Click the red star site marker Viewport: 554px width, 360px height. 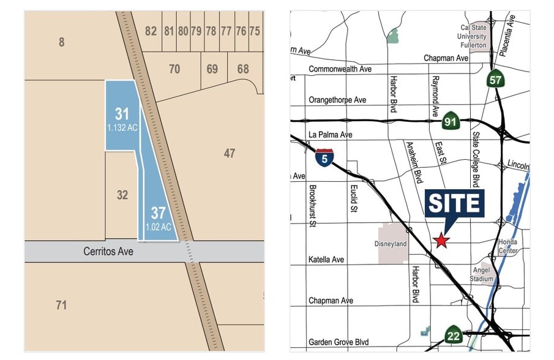tap(441, 241)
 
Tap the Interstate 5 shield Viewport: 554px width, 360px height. tap(324, 158)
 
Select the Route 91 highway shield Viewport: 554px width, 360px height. tap(451, 122)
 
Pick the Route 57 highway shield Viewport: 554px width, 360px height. tap(495, 79)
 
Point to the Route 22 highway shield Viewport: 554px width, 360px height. tap(453, 335)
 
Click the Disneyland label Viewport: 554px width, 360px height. tap(390, 244)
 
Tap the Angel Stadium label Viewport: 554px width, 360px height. tap(482, 274)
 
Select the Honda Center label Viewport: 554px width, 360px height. tap(508, 246)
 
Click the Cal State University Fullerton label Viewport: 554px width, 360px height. tap(474, 36)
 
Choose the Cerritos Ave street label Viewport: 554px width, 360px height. tap(108, 251)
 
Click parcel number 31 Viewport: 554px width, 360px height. tap(122, 114)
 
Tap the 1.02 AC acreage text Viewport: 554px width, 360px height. tap(158, 227)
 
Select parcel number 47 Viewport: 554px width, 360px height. tap(229, 153)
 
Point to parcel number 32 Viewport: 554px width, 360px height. tap(122, 195)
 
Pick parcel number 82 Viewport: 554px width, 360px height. tap(151, 31)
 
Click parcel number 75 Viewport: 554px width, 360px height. tap(255, 31)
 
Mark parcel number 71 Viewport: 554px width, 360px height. tap(61, 304)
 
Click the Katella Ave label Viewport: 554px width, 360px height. tap(326, 260)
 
